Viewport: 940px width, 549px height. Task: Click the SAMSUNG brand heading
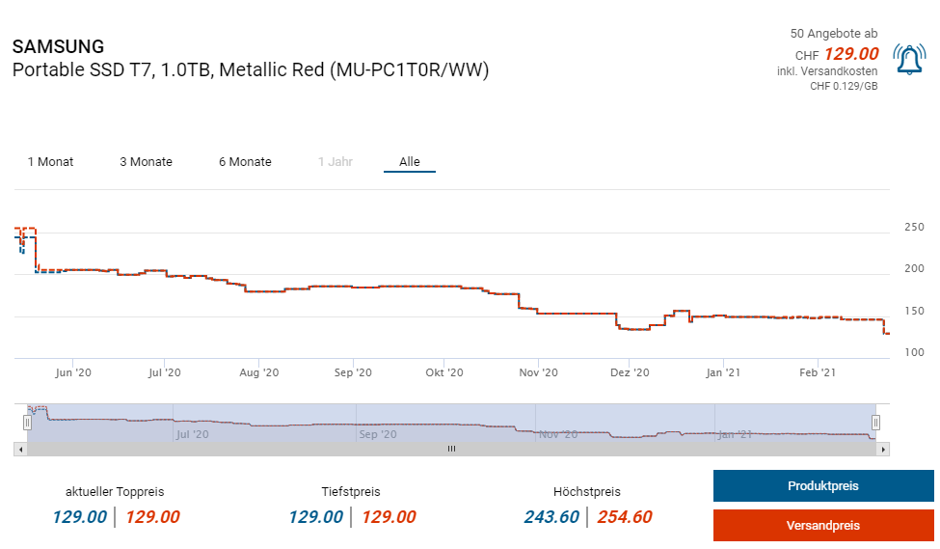click(x=58, y=46)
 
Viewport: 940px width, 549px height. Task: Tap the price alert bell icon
click(x=909, y=60)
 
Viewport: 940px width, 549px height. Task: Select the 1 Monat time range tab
click(x=50, y=162)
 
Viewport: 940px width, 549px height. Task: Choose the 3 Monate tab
click(x=146, y=162)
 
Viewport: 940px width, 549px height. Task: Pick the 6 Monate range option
click(x=245, y=162)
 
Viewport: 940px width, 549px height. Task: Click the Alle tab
click(x=410, y=162)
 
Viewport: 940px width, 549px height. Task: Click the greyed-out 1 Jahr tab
click(x=336, y=162)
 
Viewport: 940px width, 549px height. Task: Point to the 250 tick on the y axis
click(x=913, y=228)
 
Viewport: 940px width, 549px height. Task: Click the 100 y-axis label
click(x=913, y=353)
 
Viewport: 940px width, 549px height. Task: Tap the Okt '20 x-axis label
click(x=443, y=372)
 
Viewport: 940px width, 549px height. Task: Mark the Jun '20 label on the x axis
click(x=73, y=372)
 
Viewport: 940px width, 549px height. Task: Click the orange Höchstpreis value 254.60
click(x=624, y=517)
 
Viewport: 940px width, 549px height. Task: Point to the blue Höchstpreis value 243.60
click(x=551, y=517)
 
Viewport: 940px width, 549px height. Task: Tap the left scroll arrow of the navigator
click(x=19, y=449)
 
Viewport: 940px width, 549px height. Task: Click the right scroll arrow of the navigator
click(x=884, y=449)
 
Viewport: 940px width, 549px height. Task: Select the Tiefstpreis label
click(x=351, y=492)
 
